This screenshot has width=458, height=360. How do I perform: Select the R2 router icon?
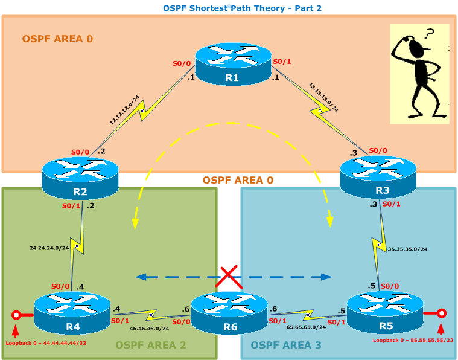pos(80,178)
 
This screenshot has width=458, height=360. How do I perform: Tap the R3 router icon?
pos(378,176)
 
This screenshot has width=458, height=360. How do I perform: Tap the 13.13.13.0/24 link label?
pos(323,97)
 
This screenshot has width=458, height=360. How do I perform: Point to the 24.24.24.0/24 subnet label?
pos(49,247)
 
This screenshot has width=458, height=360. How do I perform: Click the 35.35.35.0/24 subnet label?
pos(407,248)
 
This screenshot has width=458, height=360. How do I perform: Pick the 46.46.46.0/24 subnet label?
pos(149,329)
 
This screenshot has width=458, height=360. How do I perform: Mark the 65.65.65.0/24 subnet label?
pos(306,326)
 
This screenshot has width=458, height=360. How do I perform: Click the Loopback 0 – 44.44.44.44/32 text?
pos(46,343)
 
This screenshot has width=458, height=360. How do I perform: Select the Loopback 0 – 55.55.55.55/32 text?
pos(413,341)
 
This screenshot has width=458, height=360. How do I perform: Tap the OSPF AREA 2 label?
pos(150,346)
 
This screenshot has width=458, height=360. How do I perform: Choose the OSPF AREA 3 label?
pos(286,346)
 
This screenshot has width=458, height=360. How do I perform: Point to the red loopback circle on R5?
pos(442,313)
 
